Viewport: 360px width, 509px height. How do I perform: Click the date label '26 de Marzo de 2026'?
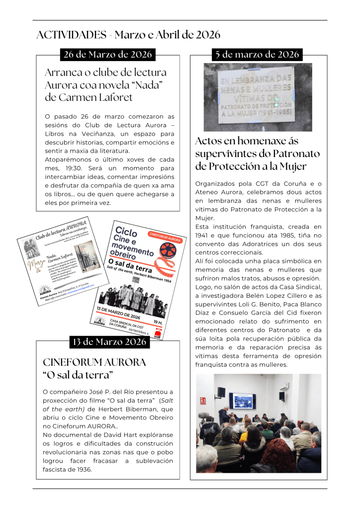coord(107,54)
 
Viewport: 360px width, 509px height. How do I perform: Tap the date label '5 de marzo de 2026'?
coord(257,54)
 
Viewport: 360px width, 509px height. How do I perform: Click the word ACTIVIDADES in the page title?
coord(72,35)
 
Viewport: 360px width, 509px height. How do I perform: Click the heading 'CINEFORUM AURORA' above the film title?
coord(94,362)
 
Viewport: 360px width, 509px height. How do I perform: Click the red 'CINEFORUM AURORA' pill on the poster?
coord(166,237)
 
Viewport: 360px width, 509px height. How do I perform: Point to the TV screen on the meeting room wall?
coord(242,401)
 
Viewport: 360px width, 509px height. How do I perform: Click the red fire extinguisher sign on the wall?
coord(202,401)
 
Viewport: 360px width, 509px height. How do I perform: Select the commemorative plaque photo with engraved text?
coord(258,96)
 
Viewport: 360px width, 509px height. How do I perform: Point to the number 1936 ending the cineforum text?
coord(83,469)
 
